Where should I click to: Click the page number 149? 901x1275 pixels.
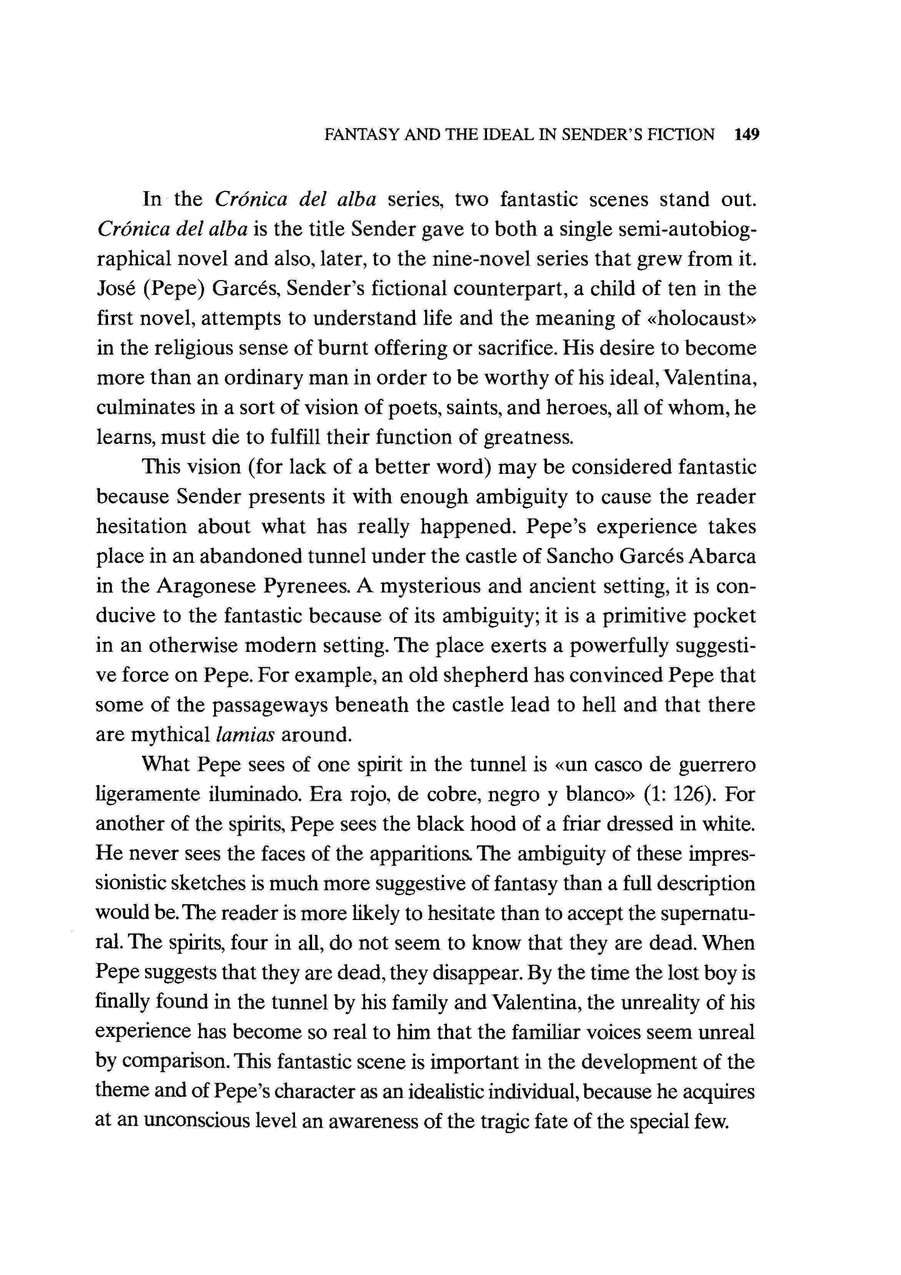pos(746,135)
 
